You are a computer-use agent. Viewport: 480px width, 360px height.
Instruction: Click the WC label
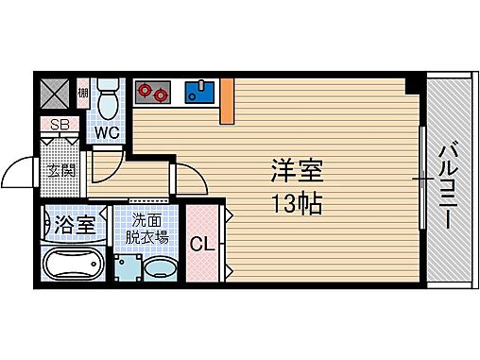pyautogui.click(x=107, y=132)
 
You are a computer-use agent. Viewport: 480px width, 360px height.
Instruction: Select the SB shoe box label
pyautogui.click(x=59, y=125)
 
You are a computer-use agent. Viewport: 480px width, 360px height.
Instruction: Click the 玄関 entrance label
pyautogui.click(x=62, y=171)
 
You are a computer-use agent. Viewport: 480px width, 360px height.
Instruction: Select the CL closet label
pyautogui.click(x=201, y=245)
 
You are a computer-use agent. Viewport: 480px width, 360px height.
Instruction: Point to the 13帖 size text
pyautogui.click(x=299, y=201)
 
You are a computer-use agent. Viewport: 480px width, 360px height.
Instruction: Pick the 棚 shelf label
pyautogui.click(x=83, y=92)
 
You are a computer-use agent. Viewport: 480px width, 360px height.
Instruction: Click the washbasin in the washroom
pyautogui.click(x=158, y=267)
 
